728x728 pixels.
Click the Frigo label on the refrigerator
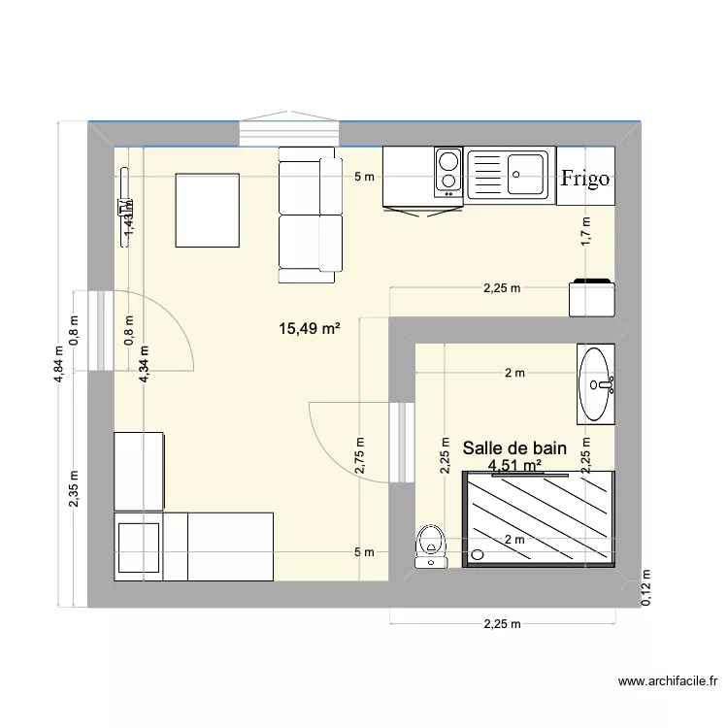[x=585, y=178]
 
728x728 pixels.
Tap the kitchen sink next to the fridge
[x=511, y=175]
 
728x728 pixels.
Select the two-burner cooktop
[x=447, y=172]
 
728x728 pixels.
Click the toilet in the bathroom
[x=428, y=546]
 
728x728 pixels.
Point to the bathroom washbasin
[x=595, y=383]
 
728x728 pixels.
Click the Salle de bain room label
[x=514, y=448]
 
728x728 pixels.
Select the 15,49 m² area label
[x=310, y=329]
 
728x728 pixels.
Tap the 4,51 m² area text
[x=514, y=466]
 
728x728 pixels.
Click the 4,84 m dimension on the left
[x=60, y=365]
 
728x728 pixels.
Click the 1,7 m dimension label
[x=585, y=232]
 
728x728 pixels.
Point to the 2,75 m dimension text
[x=360, y=453]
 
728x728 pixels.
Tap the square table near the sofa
[x=207, y=210]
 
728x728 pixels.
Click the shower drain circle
[x=476, y=555]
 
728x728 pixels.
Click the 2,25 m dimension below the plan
[x=502, y=624]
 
